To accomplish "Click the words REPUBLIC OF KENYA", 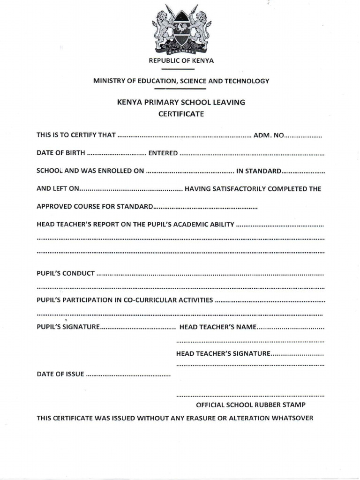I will click(x=181, y=60).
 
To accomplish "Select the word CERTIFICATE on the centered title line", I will click(x=181, y=113).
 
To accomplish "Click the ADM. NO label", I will click(x=269, y=135).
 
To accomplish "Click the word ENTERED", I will click(x=163, y=153).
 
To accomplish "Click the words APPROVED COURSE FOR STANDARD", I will click(x=95, y=207).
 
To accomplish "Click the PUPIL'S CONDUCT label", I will click(x=66, y=272).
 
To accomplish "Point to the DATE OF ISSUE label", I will click(x=60, y=374).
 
